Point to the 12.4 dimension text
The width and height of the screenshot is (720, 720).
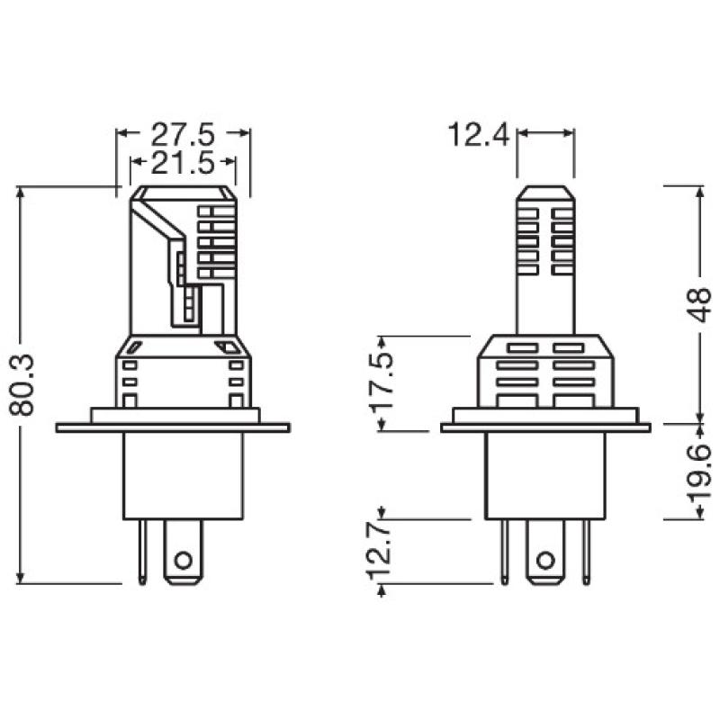click(479, 136)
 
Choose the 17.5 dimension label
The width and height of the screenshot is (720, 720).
click(384, 382)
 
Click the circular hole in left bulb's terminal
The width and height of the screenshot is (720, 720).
click(183, 561)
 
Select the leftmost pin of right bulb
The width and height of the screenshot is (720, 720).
click(506, 551)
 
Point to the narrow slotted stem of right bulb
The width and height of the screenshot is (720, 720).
click(544, 261)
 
